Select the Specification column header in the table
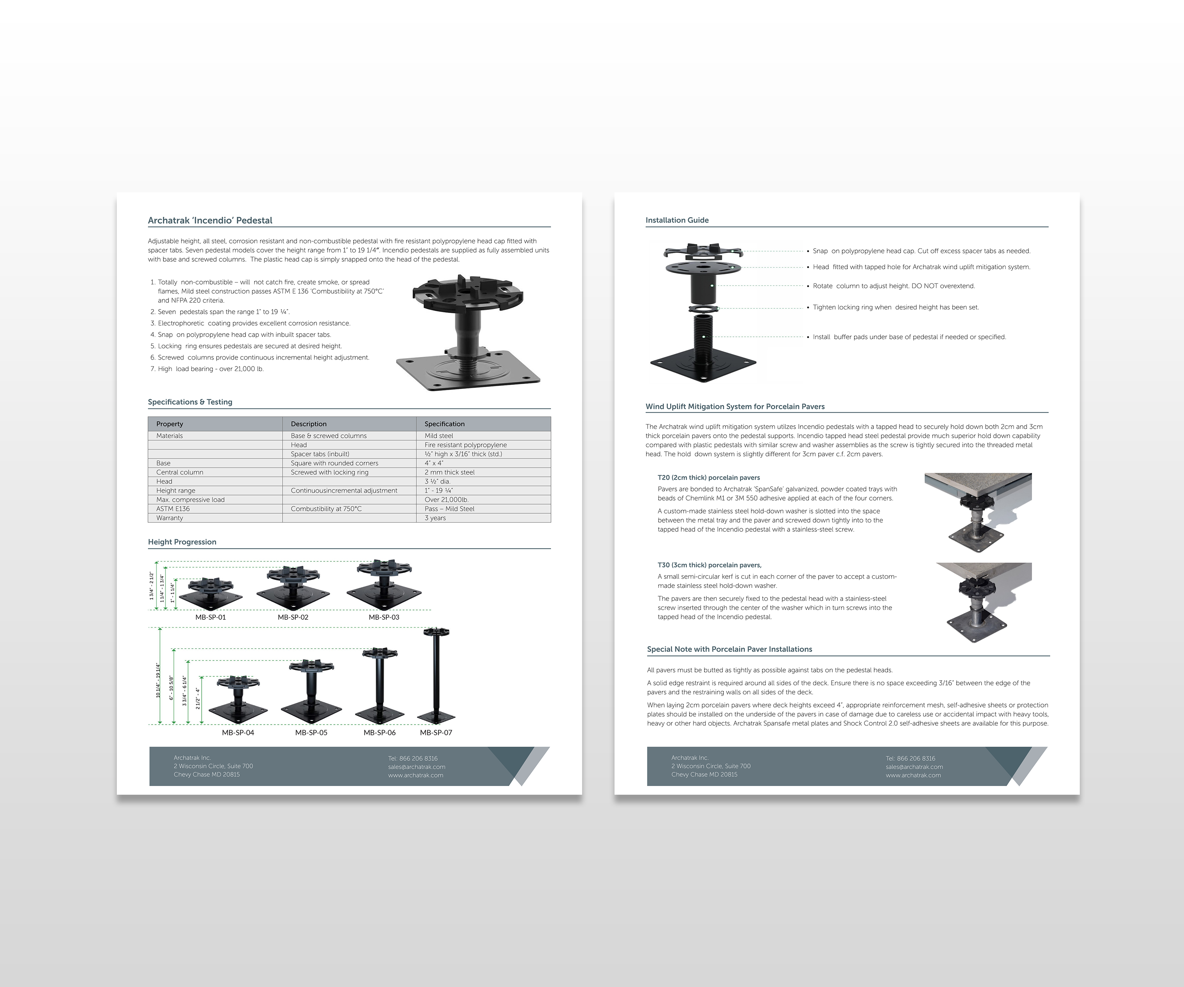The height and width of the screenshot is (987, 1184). click(444, 424)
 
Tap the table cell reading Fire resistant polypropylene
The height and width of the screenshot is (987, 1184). click(465, 445)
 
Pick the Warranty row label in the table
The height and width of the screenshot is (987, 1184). click(170, 518)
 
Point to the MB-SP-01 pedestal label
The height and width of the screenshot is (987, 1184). click(210, 617)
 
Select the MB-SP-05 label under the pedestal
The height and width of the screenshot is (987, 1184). click(311, 733)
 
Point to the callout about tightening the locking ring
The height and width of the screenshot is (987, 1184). click(895, 308)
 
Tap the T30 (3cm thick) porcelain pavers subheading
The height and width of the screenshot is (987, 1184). click(709, 565)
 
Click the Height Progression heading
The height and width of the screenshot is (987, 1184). click(182, 542)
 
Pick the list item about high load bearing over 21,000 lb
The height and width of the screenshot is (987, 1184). click(210, 369)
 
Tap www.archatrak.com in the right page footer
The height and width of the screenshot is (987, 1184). click(913, 775)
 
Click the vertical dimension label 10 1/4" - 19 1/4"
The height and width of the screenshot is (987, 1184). click(158, 680)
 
